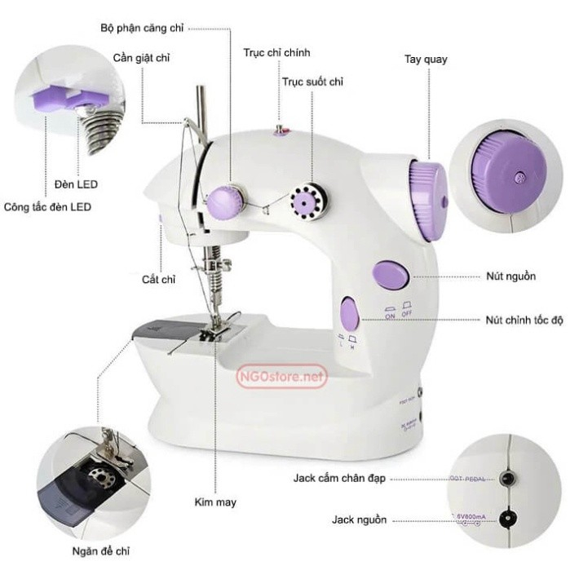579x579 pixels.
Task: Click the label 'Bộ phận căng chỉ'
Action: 141,28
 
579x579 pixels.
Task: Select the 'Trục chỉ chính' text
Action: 276,53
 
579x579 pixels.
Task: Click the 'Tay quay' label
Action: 426,60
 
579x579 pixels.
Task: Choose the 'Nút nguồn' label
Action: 510,276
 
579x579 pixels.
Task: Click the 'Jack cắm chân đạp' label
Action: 339,479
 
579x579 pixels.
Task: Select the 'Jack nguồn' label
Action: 360,519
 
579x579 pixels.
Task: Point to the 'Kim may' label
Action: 215,502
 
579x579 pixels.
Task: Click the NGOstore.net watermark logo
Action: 281,378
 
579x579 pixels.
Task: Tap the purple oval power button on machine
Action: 390,276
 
